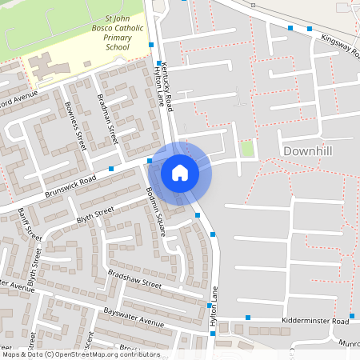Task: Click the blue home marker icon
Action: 180,172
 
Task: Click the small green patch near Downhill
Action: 247,148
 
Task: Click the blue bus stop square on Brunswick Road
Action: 111,169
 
